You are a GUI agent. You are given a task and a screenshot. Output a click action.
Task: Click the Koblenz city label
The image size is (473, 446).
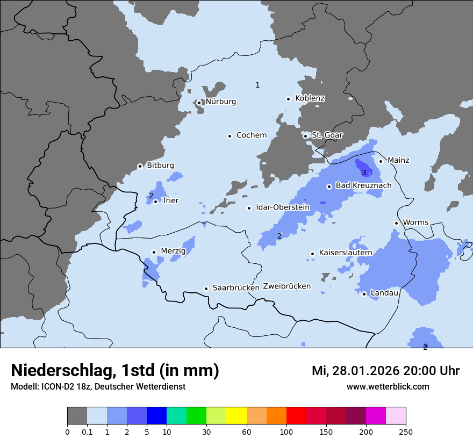pyautogui.click(x=310, y=98)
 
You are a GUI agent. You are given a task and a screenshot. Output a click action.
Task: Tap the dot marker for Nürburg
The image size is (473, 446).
pyautogui.click(x=199, y=103)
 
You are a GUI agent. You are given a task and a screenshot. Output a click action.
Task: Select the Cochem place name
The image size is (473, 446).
pyautogui.click(x=252, y=135)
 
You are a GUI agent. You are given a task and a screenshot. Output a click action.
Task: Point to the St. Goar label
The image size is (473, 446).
pyautogui.click(x=327, y=135)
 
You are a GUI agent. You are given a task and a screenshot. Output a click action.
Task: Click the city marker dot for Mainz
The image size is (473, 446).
pyautogui.click(x=381, y=161)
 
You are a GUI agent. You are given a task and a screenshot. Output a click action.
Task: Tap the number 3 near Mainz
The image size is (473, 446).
pyautogui.click(x=364, y=172)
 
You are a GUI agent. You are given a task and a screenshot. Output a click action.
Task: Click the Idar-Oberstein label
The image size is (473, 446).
pyautogui.click(x=282, y=207)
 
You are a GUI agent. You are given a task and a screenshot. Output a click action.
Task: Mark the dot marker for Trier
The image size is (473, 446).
pyautogui.click(x=155, y=202)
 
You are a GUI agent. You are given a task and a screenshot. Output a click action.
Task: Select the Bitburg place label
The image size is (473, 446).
pyautogui.click(x=160, y=166)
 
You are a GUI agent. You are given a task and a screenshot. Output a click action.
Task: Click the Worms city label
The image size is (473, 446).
pyautogui.click(x=415, y=222)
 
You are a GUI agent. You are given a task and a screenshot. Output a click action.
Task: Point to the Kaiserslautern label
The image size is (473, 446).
pyautogui.click(x=345, y=253)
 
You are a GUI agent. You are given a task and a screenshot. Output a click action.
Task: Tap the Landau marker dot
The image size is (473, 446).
pyautogui.click(x=364, y=293)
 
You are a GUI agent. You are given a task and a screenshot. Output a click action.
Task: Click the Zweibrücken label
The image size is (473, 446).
pyautogui.click(x=286, y=286)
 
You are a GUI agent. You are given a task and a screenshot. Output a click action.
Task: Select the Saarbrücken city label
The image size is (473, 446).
pyautogui.click(x=235, y=288)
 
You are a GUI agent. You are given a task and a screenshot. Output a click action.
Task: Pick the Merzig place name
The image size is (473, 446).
pyautogui.click(x=173, y=251)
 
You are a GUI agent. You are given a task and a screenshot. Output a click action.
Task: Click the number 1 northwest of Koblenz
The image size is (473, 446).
pyautogui.click(x=257, y=85)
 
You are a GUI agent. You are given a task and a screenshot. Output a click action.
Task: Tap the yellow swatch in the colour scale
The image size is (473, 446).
pyautogui.click(x=236, y=416)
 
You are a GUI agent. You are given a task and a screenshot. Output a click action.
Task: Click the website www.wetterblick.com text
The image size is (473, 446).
pyautogui.click(x=388, y=386)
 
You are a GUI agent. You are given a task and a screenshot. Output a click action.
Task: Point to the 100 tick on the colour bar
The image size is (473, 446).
pyautogui.click(x=286, y=431)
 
